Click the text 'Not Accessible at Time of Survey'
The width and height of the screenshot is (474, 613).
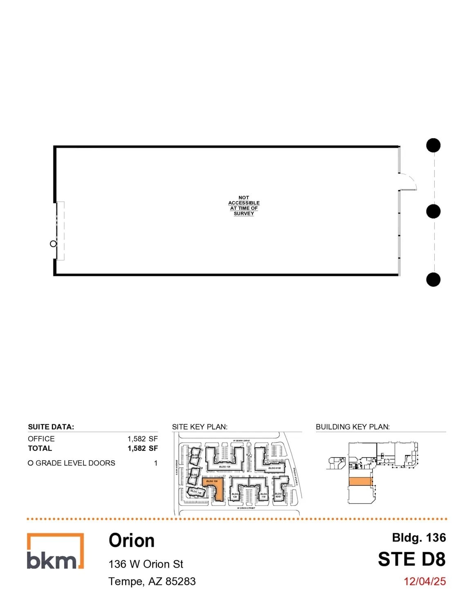244,205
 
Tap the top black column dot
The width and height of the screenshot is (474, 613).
433,145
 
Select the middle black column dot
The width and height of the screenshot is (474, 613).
433,211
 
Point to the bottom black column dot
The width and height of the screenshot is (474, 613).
433,280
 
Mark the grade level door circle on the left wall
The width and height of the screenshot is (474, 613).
53,244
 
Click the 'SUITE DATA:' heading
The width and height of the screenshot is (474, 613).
51,427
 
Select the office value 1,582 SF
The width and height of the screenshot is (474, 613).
142,438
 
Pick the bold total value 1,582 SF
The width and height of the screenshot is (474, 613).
142,448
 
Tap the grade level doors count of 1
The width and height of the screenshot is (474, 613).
155,463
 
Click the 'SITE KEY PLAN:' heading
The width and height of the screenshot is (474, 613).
200,427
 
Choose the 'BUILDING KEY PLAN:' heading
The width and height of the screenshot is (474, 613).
353,427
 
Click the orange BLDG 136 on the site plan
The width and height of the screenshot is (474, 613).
217,488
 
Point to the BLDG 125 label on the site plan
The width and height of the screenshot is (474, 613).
225,466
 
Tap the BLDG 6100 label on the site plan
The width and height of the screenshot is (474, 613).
274,468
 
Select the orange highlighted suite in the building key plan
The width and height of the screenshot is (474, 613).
360,482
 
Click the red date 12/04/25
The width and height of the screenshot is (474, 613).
425,581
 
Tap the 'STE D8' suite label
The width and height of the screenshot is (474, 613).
411,559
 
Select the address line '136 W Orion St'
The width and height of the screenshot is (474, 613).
146,564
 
